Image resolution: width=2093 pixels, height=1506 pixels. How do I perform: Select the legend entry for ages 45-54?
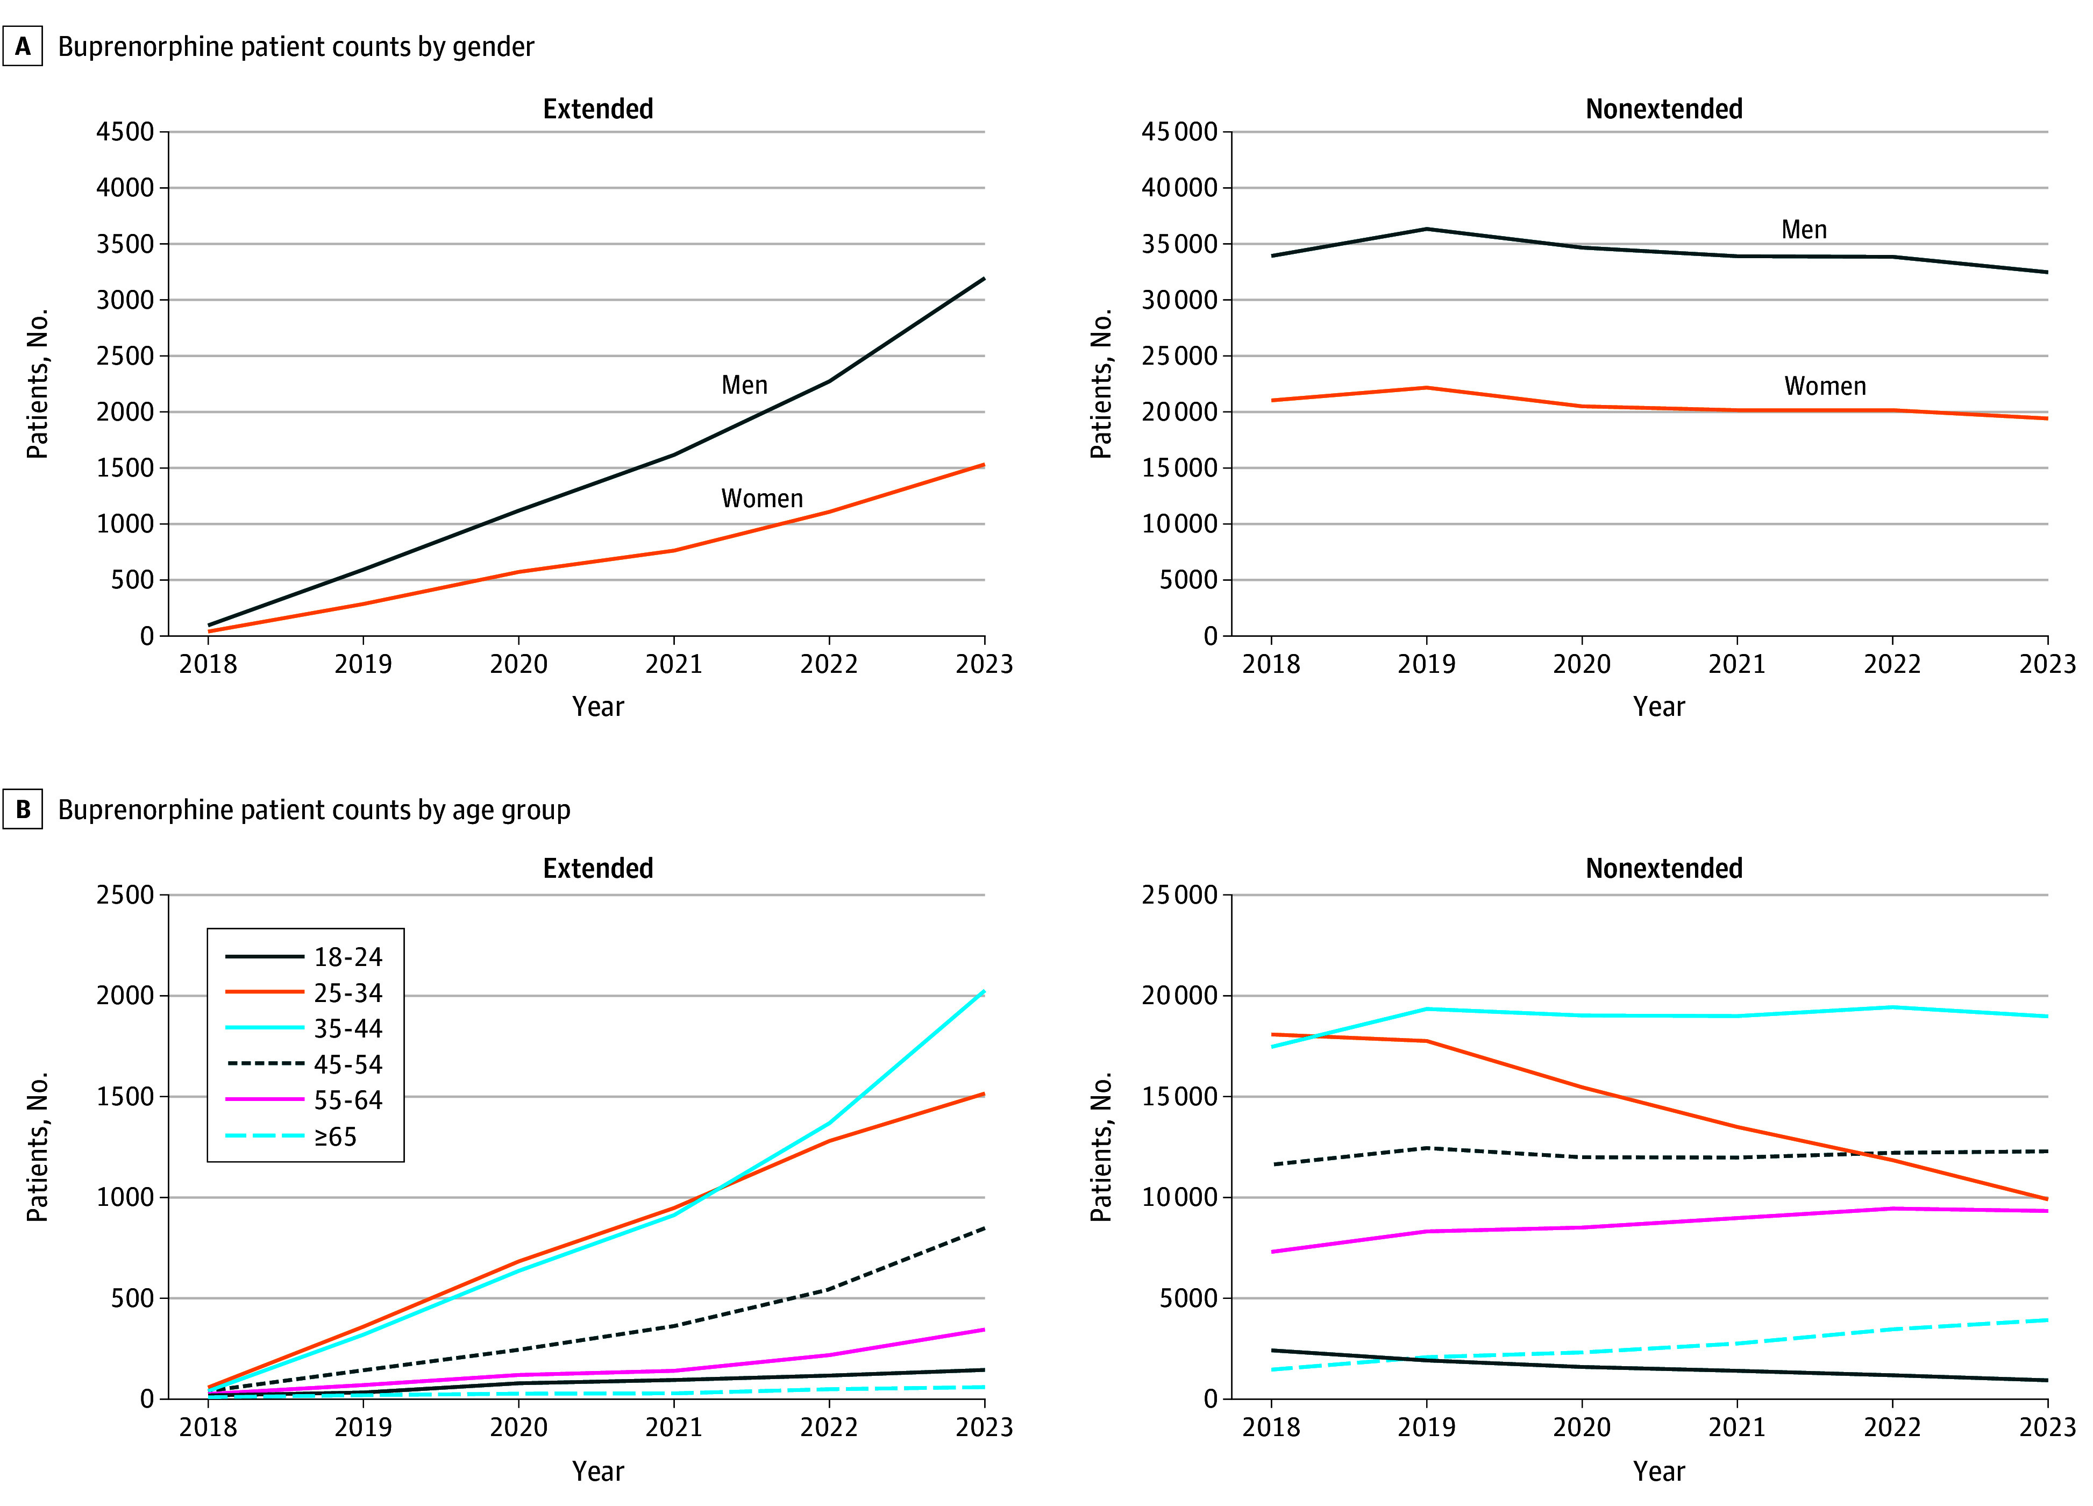coord(304,1064)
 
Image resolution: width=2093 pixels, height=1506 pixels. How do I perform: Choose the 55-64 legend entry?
coord(304,1100)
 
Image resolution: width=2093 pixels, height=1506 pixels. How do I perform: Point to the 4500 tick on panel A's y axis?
coord(125,132)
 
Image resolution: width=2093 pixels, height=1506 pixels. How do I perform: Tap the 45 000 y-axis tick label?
coord(1179,132)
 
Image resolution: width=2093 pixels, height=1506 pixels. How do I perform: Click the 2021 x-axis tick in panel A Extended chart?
coord(674,664)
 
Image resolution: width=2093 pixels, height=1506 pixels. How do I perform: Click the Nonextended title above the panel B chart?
coord(1664,868)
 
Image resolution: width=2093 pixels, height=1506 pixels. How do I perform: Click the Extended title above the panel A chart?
coord(598,109)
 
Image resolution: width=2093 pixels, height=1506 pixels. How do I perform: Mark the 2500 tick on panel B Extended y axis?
coord(125,895)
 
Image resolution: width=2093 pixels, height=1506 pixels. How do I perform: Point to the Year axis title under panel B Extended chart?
coord(598,1471)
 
